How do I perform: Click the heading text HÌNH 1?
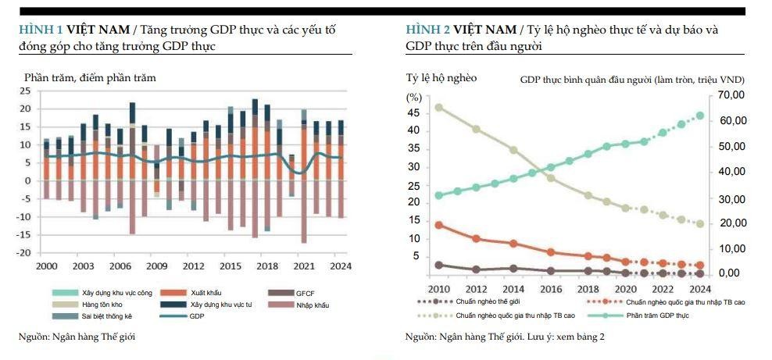click(40, 30)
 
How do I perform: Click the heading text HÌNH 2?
click(427, 30)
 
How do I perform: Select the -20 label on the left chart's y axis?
click(24, 253)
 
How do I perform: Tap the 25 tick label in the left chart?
click(26, 91)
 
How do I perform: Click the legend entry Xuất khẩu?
click(204, 291)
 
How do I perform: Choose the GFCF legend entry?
click(305, 291)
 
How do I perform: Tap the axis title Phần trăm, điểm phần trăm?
click(90, 77)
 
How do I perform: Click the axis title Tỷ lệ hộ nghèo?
click(441, 77)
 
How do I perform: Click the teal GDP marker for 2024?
click(700, 116)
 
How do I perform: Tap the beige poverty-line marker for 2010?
click(439, 107)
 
